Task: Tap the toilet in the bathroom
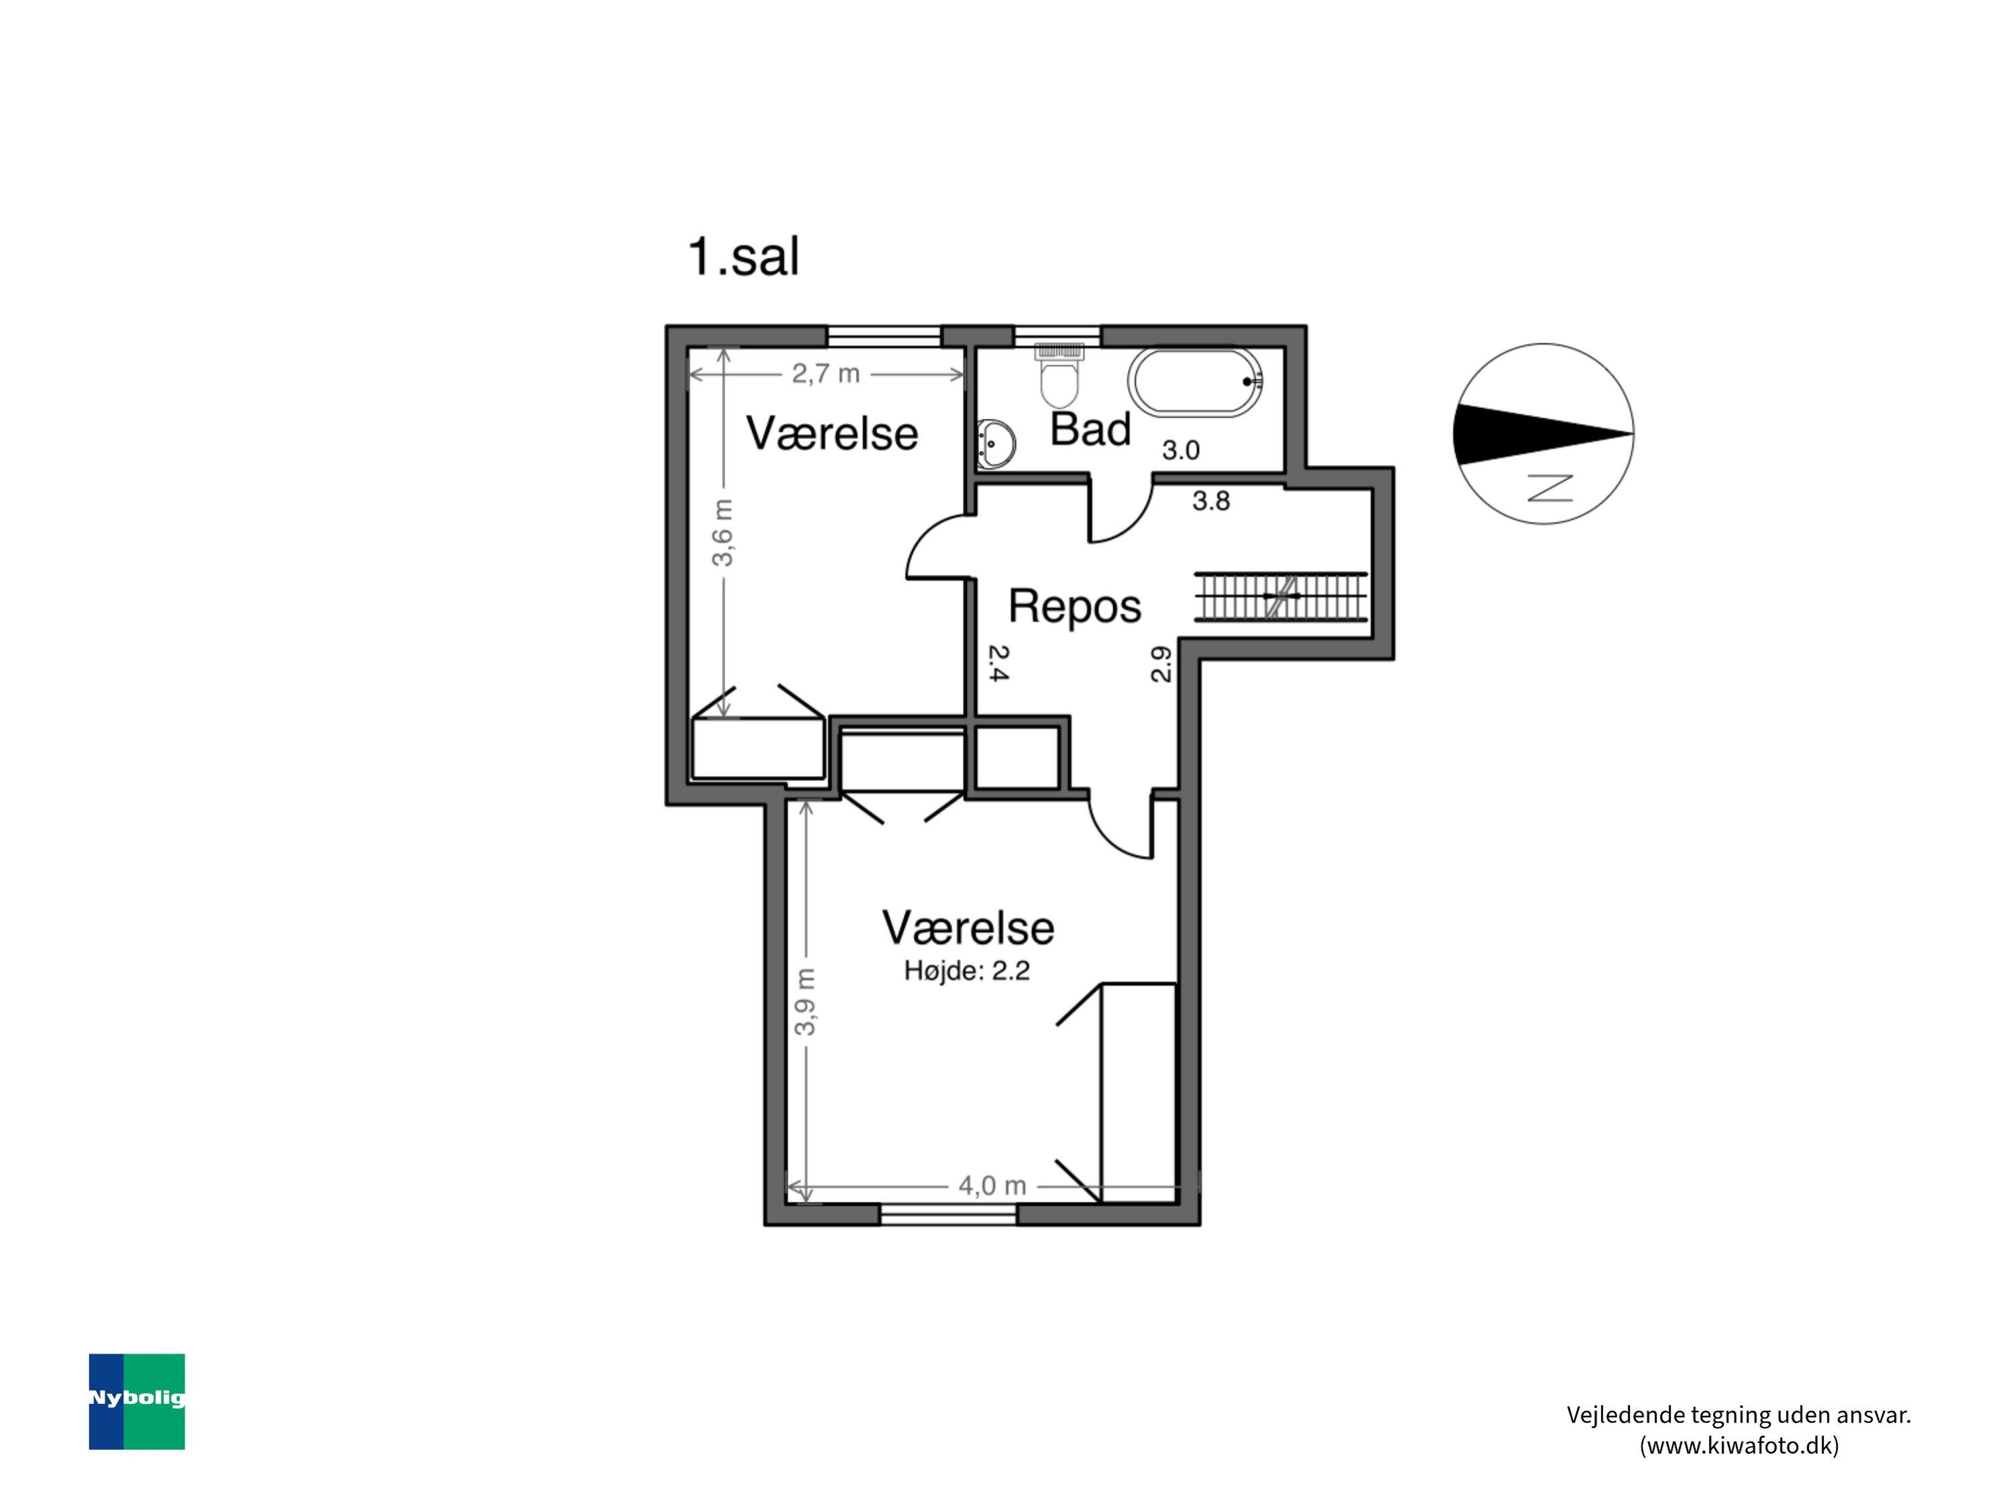1058,375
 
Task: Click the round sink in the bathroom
996,444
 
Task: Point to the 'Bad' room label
1090,429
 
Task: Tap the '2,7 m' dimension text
825,374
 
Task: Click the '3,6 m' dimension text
723,532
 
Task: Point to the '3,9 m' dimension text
805,1002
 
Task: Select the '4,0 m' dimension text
992,1186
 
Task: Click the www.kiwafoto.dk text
1739,1446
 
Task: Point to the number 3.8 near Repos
1211,501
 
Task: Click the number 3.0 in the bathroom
1181,450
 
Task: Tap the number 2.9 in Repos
1162,664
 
